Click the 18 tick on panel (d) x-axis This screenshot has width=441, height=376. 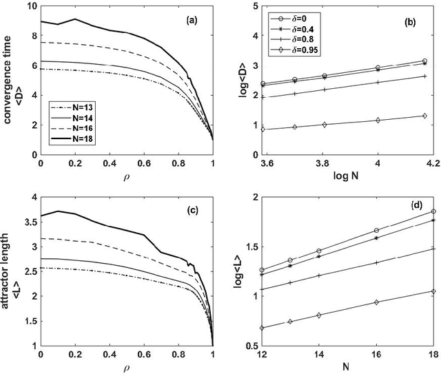pyautogui.click(x=433, y=355)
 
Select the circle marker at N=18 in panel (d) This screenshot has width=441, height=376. pyautogui.click(x=433, y=211)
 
